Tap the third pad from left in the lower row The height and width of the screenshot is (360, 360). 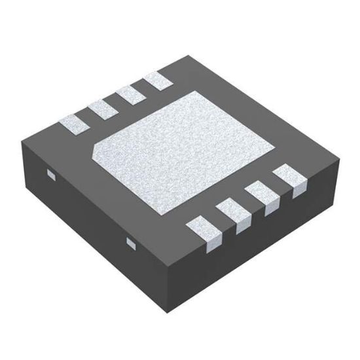259,198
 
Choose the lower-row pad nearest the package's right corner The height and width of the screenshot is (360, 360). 287,179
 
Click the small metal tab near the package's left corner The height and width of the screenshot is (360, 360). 50,173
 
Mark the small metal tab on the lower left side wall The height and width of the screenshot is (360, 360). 130,243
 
